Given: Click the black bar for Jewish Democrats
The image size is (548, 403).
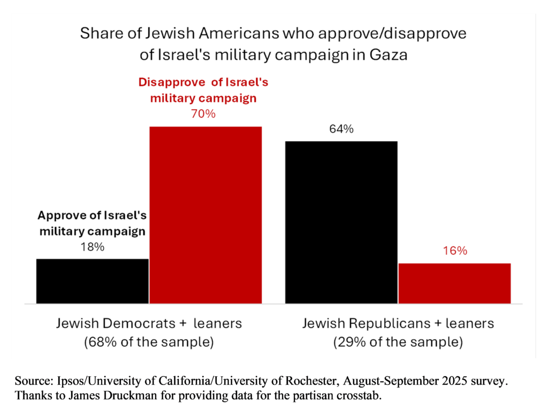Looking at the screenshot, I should click(x=92, y=281).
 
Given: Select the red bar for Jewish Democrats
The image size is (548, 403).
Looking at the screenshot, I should click(x=205, y=214).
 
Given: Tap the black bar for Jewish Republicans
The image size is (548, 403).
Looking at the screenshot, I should click(x=341, y=222).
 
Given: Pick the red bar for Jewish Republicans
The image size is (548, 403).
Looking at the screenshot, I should click(x=454, y=283).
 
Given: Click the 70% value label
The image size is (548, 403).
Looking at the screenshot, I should click(x=203, y=114).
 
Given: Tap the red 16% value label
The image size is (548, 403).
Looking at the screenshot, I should click(x=455, y=251).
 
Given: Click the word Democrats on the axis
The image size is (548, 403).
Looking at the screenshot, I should click(x=138, y=324).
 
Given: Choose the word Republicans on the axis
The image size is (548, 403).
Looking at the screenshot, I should click(x=388, y=324).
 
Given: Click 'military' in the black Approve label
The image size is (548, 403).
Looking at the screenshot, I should click(x=61, y=232).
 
